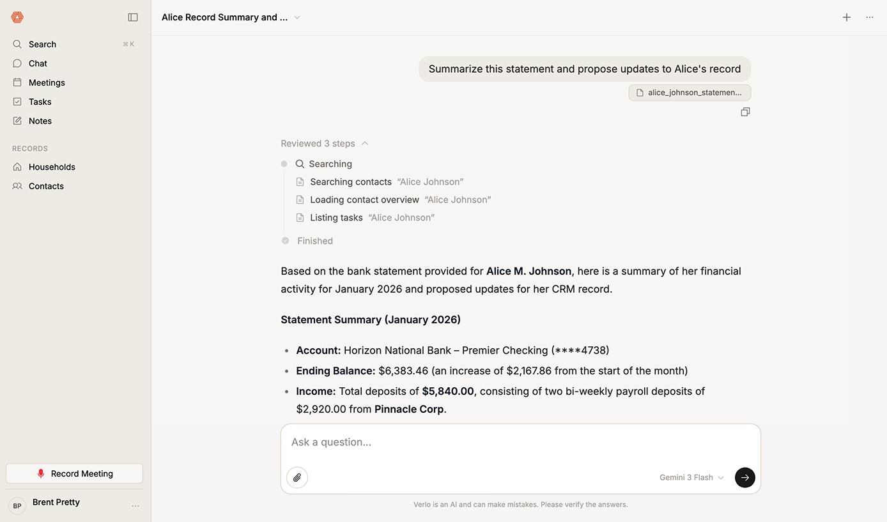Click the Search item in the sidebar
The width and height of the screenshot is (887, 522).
coord(42,44)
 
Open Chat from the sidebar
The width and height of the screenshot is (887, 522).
coord(38,63)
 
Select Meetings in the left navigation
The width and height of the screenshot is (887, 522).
coord(47,82)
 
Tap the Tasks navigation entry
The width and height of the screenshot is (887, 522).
coord(40,102)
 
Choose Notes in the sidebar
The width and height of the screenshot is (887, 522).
coord(40,121)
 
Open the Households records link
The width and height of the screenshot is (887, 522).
coord(52,167)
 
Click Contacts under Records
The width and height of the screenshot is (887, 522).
coord(46,186)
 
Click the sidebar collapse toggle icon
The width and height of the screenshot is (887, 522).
coord(133,17)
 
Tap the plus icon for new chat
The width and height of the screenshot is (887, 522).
coord(847,17)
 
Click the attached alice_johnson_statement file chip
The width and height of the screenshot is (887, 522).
coord(690,93)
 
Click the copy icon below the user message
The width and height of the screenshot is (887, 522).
coord(745,112)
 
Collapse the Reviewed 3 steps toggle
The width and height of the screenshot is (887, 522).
coord(325,144)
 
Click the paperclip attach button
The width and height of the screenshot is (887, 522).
coord(297,477)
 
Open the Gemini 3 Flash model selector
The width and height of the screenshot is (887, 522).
coord(691,477)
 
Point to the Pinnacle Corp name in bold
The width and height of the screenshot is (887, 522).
coord(409,409)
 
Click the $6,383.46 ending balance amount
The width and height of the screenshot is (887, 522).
coord(403,371)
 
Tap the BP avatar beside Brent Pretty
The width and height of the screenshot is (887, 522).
coord(17,505)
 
